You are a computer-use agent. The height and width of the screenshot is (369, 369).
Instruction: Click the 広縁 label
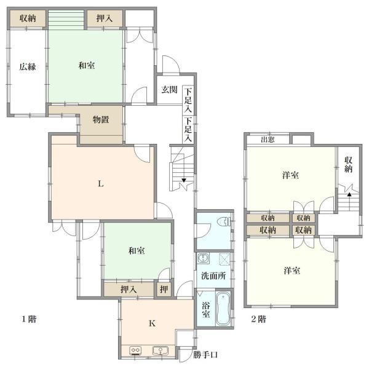coord(28,66)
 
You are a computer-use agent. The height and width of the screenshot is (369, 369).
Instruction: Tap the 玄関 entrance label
coord(169,89)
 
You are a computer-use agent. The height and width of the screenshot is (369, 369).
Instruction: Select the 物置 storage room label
coord(101,119)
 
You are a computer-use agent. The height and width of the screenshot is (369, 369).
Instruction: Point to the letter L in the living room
coord(101,183)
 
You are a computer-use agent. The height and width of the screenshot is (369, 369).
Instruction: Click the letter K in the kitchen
coord(153,323)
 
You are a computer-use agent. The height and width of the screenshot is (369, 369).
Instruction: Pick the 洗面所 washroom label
coord(213,276)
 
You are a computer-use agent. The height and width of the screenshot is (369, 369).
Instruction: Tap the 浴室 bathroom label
coord(206,310)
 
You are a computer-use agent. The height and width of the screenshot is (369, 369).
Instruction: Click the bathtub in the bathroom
coord(223,309)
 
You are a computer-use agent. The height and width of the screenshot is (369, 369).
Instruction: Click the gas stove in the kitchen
coord(135,351)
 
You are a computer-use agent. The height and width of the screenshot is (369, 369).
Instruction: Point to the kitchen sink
coord(161,351)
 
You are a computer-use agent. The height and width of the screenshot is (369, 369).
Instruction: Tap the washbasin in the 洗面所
coord(202,258)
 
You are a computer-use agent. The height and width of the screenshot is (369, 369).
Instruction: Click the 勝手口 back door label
coord(205,354)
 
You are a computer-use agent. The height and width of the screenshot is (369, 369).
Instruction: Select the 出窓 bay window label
coord(268,140)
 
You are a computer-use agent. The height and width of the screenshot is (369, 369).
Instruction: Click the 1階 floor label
coord(29,319)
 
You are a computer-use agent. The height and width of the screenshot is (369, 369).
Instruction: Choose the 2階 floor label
coord(258,319)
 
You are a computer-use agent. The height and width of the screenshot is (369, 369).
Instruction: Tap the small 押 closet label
coord(164,289)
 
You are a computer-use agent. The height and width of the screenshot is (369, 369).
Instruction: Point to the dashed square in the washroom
coord(224,260)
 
